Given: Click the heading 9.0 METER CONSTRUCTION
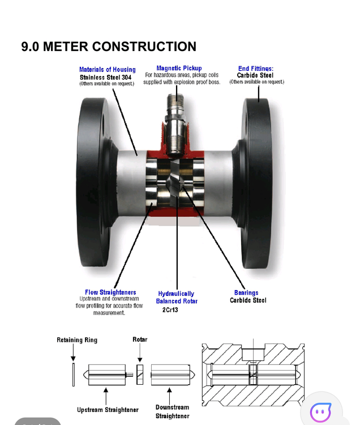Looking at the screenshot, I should tap(109, 46).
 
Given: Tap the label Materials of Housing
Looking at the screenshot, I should tap(107, 70).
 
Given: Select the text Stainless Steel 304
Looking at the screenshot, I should tap(107, 77).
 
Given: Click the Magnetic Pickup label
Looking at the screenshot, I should tap(179, 69).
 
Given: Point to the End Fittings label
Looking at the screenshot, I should tap(255, 69).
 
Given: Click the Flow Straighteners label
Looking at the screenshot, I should tap(110, 292).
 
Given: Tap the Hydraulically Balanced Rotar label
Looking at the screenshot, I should tap(176, 297).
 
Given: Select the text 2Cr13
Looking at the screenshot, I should tap(170, 310).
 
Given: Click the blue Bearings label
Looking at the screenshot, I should tap(246, 293).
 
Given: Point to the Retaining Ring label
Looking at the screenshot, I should tap(77, 340).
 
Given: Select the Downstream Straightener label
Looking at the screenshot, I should tap(172, 411).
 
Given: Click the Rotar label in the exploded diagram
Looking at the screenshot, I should tap(140, 339).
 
